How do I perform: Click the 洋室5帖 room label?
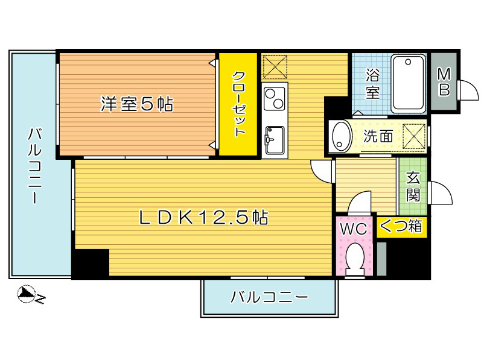[x=136, y=104]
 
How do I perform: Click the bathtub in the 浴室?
[x=409, y=83]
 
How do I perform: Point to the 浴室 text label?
[x=373, y=84]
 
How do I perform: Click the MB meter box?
[x=444, y=82]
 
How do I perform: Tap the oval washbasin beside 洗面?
[x=342, y=136]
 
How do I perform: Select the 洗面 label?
[x=378, y=136]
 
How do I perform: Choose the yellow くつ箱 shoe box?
[x=401, y=227]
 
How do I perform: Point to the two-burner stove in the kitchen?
[x=275, y=98]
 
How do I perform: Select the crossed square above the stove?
[x=275, y=66]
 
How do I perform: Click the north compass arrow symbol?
[x=28, y=295]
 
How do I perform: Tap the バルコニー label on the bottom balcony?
[x=269, y=297]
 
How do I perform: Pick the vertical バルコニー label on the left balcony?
[x=33, y=166]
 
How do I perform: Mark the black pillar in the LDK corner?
[x=90, y=263]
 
